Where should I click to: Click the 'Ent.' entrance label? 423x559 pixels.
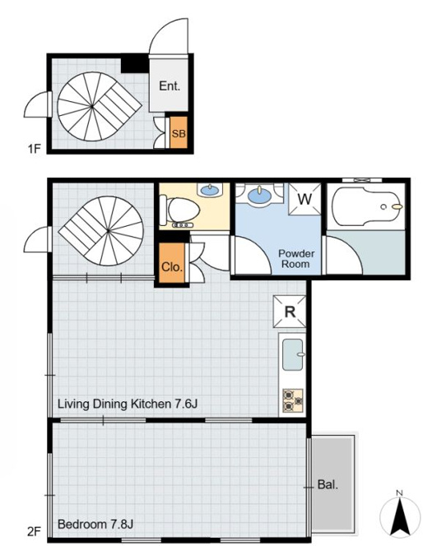(170, 86)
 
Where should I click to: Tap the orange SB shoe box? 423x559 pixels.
(179, 132)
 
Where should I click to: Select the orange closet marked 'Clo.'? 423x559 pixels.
(172, 263)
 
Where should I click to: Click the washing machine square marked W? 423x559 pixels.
(304, 199)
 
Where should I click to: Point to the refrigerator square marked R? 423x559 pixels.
(290, 312)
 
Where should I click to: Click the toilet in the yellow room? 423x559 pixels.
(179, 210)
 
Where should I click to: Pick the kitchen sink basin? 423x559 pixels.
(293, 354)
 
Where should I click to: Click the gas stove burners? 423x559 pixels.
(293, 400)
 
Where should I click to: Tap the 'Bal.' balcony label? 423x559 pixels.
(328, 484)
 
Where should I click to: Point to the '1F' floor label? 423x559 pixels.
(35, 148)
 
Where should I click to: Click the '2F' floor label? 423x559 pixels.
(35, 532)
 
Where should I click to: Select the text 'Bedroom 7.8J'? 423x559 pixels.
(95, 524)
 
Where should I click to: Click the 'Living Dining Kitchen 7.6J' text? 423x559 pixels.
(128, 404)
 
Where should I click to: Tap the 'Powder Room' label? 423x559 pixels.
(296, 259)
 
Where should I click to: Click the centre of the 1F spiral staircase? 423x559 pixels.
(91, 106)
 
